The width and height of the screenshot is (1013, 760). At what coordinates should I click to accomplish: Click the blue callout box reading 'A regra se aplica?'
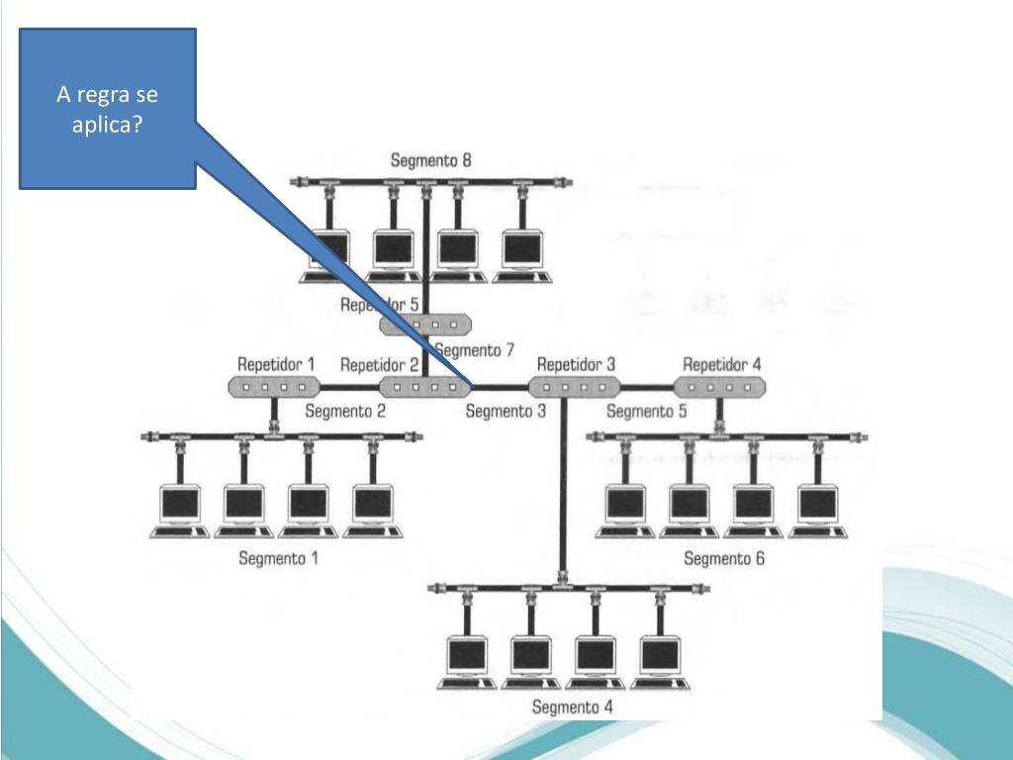109,109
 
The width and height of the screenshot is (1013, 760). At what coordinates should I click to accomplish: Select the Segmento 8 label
430,159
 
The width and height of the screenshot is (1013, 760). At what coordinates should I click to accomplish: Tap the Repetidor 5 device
425,325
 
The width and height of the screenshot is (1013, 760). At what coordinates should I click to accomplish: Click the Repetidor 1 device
274,387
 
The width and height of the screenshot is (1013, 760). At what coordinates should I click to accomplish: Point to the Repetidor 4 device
723,387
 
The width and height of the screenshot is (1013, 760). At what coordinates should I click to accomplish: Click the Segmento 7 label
475,349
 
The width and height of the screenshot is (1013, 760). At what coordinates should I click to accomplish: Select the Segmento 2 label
345,412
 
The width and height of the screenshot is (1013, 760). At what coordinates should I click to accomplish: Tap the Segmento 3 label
506,412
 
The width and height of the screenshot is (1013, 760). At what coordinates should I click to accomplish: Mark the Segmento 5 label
646,412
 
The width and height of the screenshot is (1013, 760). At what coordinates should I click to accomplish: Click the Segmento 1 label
278,558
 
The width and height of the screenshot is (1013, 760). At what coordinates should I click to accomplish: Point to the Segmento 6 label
724,558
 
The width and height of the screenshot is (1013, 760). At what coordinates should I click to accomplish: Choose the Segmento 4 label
572,707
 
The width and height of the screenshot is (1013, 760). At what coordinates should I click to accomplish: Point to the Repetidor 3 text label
576,364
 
